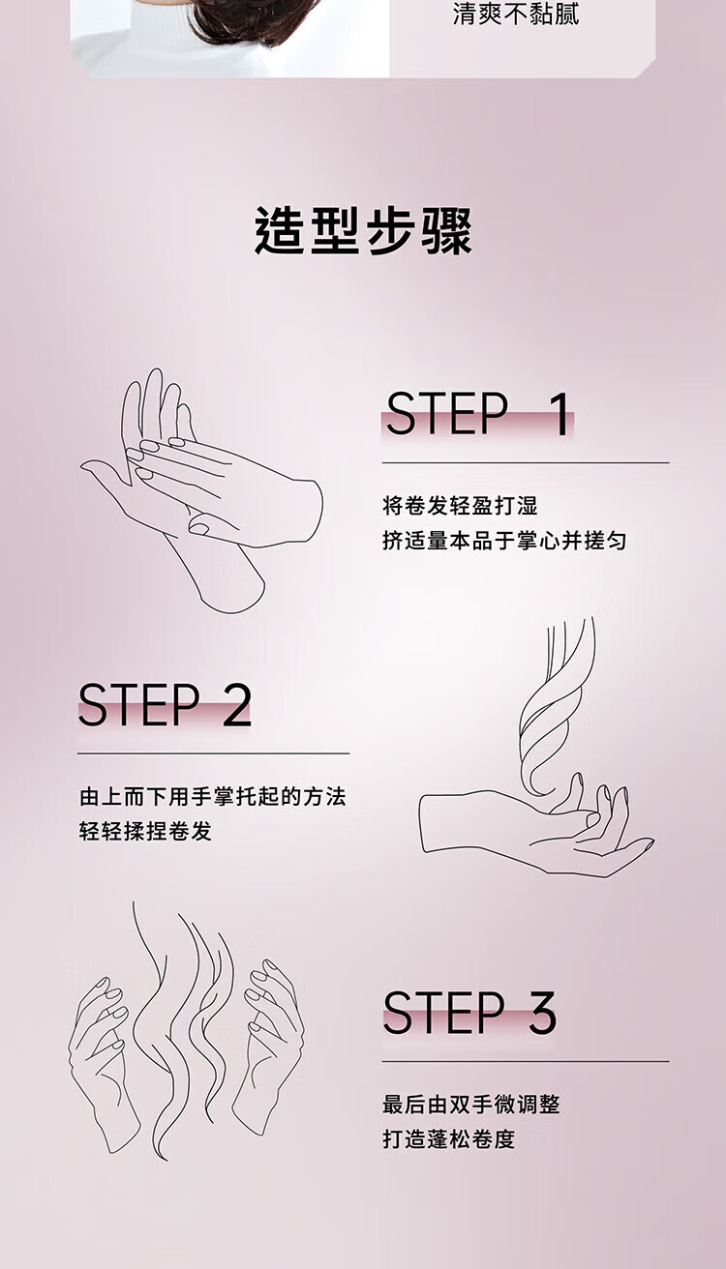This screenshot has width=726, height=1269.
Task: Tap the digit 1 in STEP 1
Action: (560, 414)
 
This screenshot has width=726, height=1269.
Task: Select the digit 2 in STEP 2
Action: (236, 704)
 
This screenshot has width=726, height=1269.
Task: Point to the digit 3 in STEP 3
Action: (542, 1013)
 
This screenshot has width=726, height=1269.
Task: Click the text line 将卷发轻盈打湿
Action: (460, 505)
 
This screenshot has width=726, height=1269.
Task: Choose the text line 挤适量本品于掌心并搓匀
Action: (504, 541)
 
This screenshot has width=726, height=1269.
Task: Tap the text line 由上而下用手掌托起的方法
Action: (213, 797)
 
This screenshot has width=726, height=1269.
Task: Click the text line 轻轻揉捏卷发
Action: (146, 831)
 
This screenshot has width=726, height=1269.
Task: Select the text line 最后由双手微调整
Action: (471, 1105)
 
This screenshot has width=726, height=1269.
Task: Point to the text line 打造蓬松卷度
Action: (448, 1139)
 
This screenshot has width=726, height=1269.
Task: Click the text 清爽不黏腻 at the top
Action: (516, 14)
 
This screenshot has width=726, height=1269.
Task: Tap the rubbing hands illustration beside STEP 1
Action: (201, 490)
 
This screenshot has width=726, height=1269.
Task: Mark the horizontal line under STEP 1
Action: (526, 463)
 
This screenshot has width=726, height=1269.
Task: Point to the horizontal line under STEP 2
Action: (213, 753)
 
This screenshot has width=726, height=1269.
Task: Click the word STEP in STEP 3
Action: (444, 1013)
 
